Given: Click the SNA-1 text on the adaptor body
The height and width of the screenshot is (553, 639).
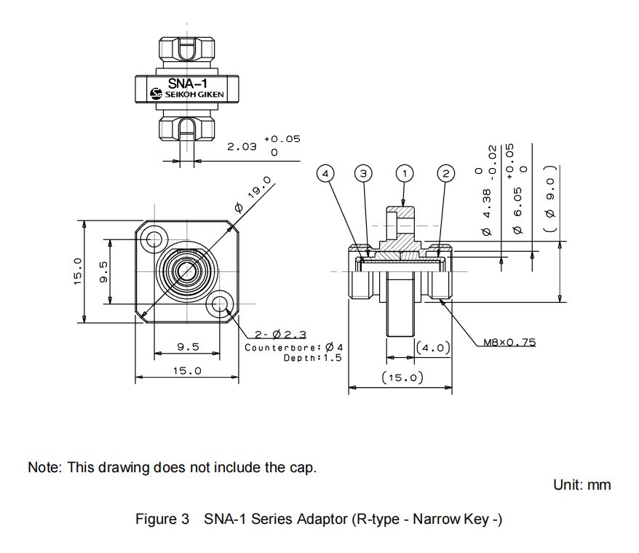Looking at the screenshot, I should click(188, 84).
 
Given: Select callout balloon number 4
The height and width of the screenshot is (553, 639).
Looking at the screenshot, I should click(326, 173).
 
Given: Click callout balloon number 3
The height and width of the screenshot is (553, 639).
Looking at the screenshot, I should click(363, 173).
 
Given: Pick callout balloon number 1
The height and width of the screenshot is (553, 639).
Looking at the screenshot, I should click(404, 173).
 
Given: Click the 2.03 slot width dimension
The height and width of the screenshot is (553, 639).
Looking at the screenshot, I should click(242, 146).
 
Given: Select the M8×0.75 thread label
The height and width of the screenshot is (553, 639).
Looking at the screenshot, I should click(509, 341).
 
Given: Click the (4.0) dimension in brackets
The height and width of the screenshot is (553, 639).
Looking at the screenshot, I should click(434, 348).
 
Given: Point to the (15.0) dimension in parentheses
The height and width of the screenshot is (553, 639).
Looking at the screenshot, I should click(402, 378).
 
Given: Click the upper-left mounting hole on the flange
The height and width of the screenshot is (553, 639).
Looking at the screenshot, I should click(154, 238).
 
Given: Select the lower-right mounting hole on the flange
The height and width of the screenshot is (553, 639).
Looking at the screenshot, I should click(219, 303).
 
